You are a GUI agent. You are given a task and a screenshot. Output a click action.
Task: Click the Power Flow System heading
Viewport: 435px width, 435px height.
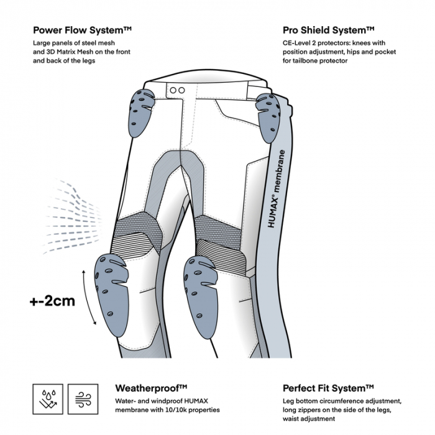pos(82,29)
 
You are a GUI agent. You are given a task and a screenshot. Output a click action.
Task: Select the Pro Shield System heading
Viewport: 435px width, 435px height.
pos(328,29)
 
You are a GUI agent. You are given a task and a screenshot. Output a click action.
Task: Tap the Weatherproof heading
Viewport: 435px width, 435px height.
pos(152,388)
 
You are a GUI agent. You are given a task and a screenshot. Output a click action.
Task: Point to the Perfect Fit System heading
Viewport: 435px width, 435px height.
pos(328,388)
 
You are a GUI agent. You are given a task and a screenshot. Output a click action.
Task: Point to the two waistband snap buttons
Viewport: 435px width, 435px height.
pos(177,90)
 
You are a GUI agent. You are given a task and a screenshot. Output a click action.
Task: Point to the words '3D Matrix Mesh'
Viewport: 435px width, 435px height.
pos(67,52)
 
